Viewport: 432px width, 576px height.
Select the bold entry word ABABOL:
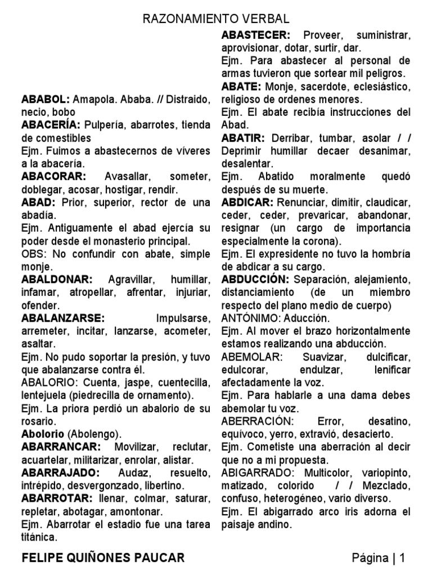pos(46,100)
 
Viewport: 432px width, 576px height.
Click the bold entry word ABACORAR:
pos(53,176)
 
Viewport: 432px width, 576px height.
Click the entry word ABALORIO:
pos(50,382)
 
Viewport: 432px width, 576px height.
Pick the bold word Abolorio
pos(43,434)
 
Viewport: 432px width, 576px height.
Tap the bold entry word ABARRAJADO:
pos(60,472)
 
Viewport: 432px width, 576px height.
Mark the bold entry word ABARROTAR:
pos(57,498)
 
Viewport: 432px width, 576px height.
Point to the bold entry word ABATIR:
pos(244,138)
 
